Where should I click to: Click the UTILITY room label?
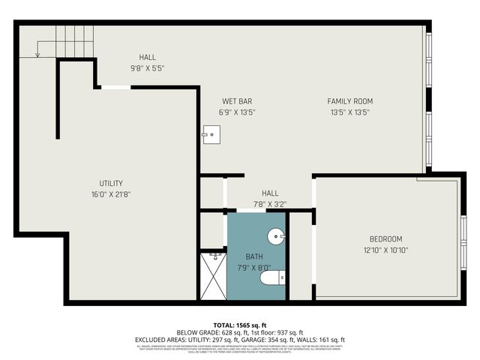pyautogui.click(x=111, y=183)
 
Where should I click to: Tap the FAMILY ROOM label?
pyautogui.click(x=349, y=101)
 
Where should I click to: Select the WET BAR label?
pyautogui.click(x=236, y=101)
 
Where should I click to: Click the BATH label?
pyautogui.click(x=253, y=256)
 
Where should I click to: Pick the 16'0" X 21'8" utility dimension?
pyautogui.click(x=111, y=194)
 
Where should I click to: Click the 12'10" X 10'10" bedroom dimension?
pyautogui.click(x=386, y=250)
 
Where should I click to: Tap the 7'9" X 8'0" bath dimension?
pyautogui.click(x=253, y=268)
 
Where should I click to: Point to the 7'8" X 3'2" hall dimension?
pyautogui.click(x=271, y=203)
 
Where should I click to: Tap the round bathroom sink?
pyautogui.click(x=277, y=236)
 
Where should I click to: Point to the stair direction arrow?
pyautogui.click(x=37, y=49)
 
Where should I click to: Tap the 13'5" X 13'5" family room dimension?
pyautogui.click(x=349, y=112)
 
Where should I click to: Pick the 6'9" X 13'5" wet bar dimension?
pyautogui.click(x=236, y=112)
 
